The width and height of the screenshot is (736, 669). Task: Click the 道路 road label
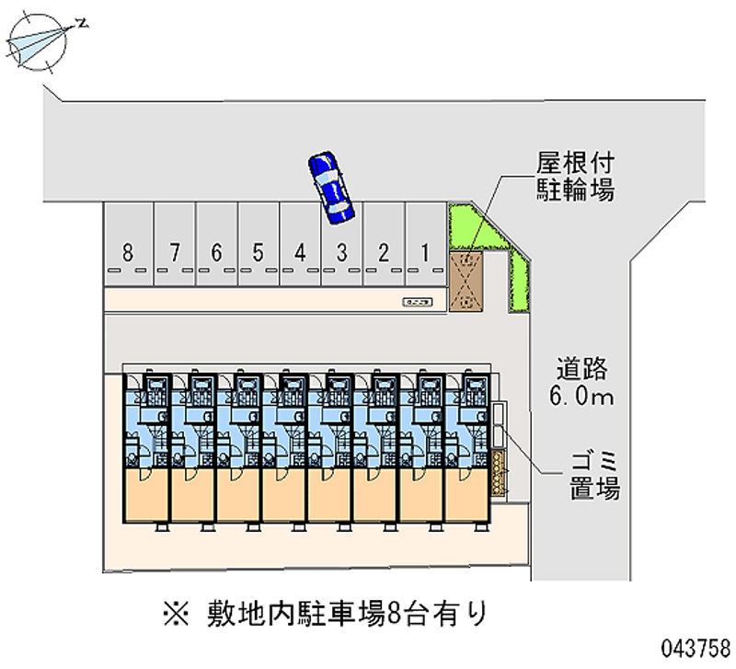click(x=581, y=369)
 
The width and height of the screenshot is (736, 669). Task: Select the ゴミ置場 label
click(x=592, y=475)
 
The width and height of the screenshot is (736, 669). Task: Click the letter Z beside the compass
click(x=82, y=23)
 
